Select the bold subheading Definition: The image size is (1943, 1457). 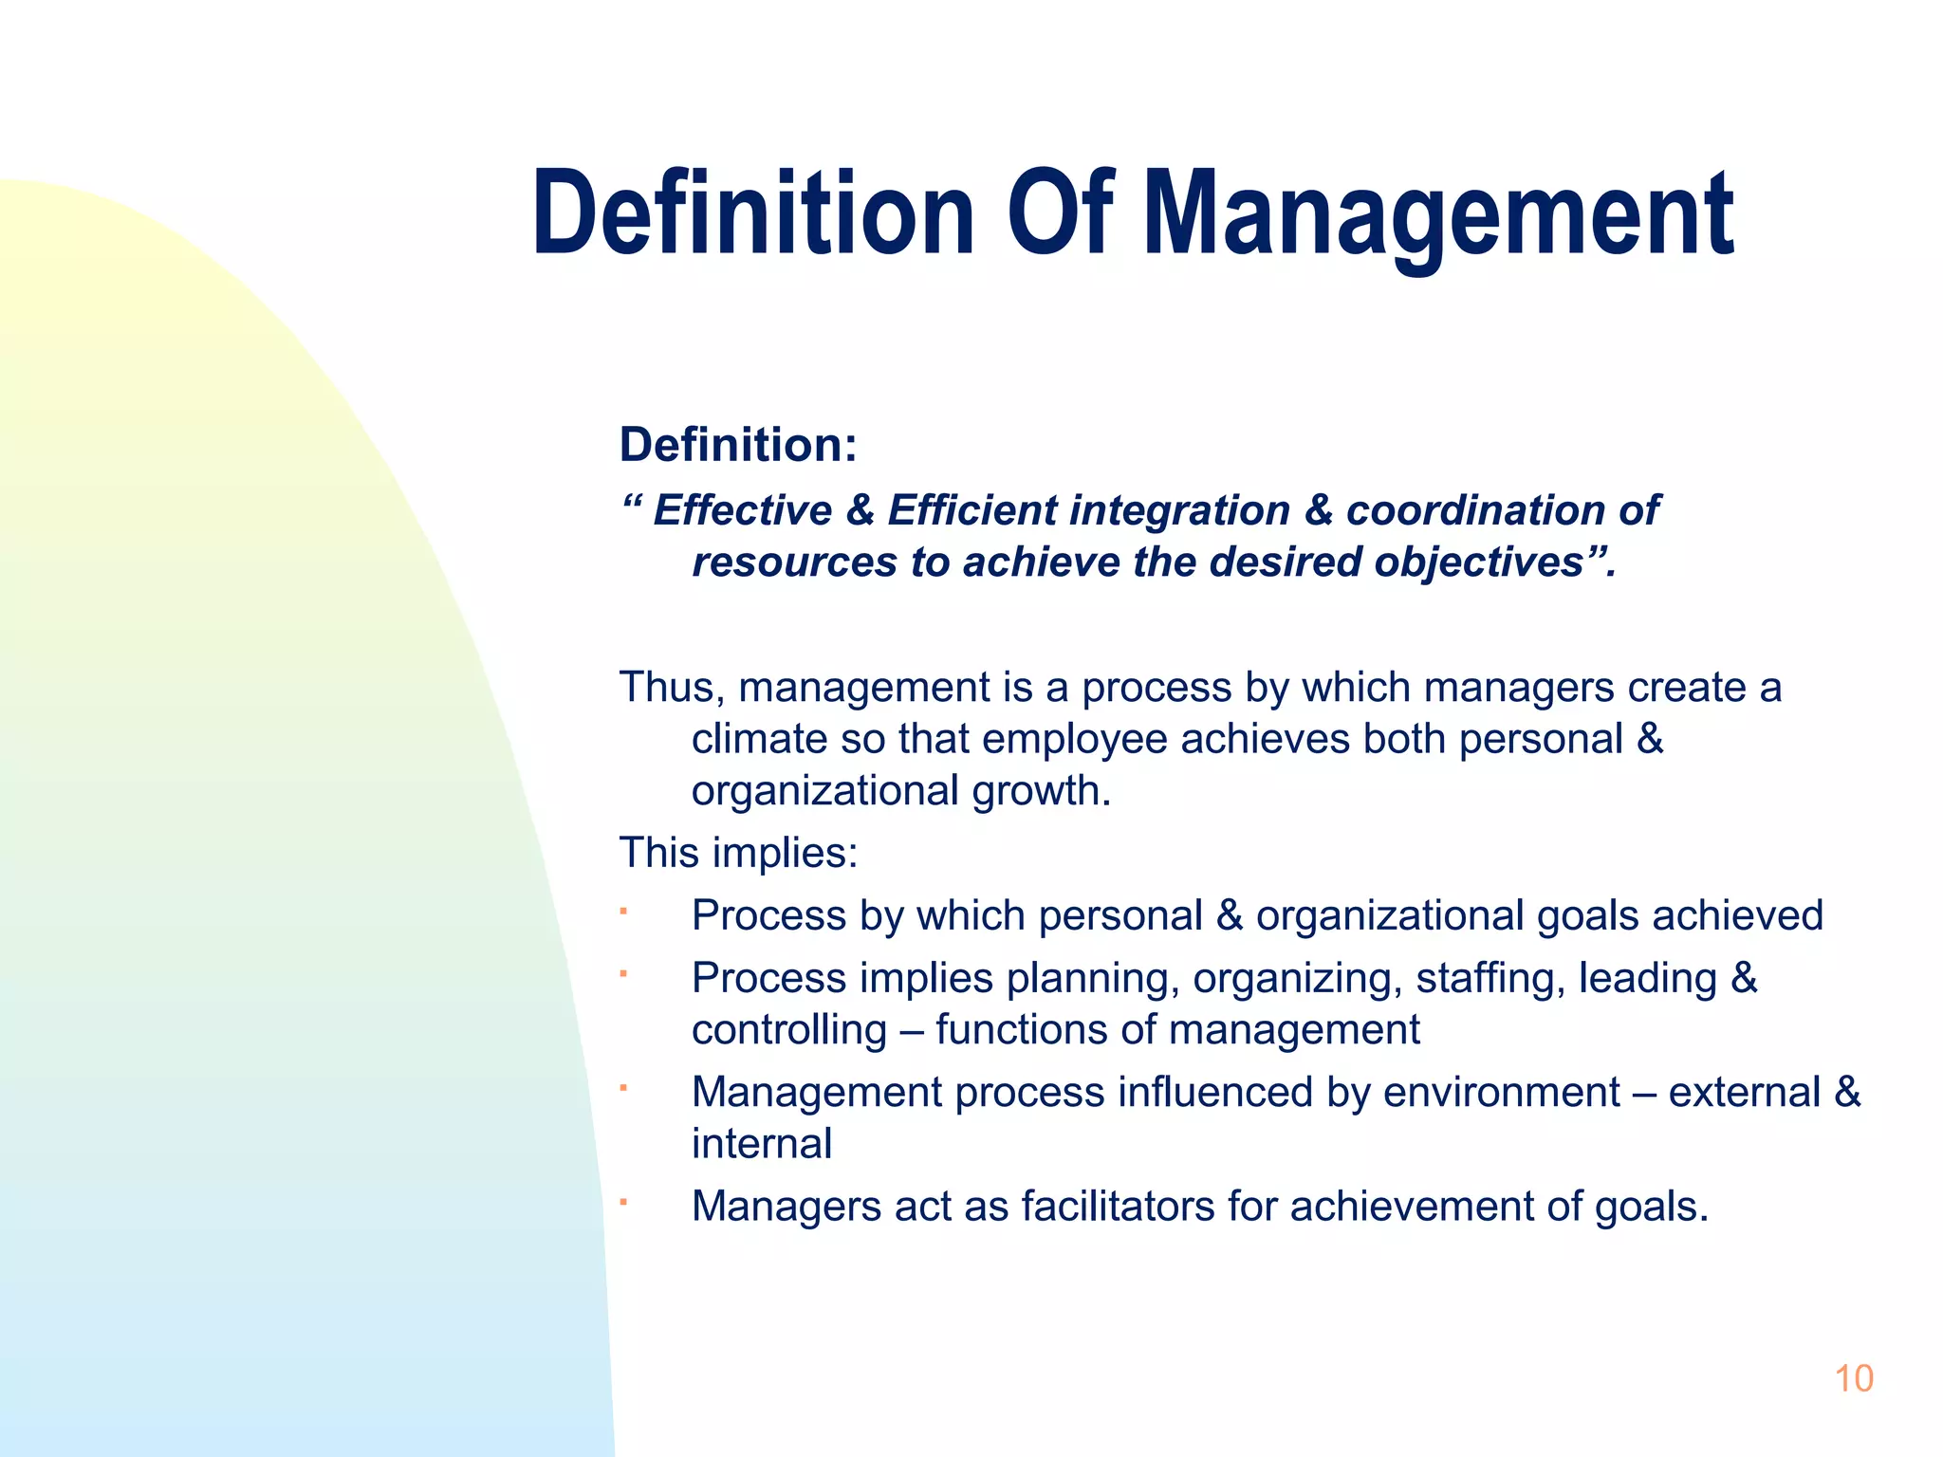click(738, 445)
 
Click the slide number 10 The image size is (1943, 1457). click(1853, 1379)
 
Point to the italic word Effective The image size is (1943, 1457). click(742, 510)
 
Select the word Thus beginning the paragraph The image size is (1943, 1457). click(664, 688)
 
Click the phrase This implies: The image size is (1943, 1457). click(738, 853)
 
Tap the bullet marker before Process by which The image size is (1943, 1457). click(624, 913)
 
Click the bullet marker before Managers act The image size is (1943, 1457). click(624, 1203)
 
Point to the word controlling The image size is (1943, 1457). click(788, 1030)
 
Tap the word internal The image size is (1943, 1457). click(762, 1144)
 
